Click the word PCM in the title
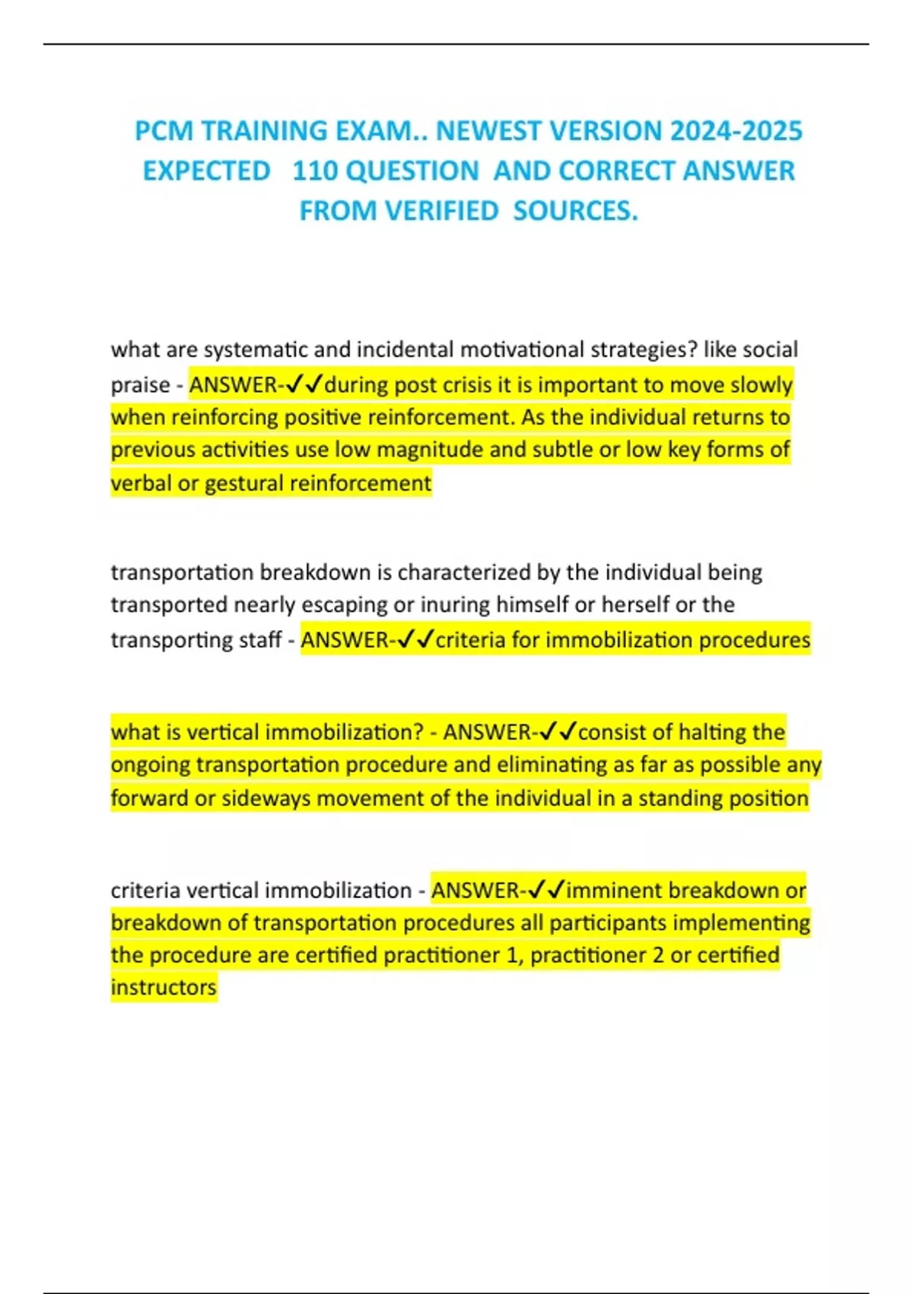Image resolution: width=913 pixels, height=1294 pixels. [x=164, y=131]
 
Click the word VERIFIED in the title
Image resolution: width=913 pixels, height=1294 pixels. [x=441, y=211]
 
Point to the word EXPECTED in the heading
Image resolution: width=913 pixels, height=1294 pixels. [x=206, y=171]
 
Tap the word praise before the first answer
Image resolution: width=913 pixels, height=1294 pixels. [x=140, y=384]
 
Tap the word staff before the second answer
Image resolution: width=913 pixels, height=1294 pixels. [x=260, y=639]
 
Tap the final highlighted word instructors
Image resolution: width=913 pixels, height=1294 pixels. [x=164, y=987]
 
